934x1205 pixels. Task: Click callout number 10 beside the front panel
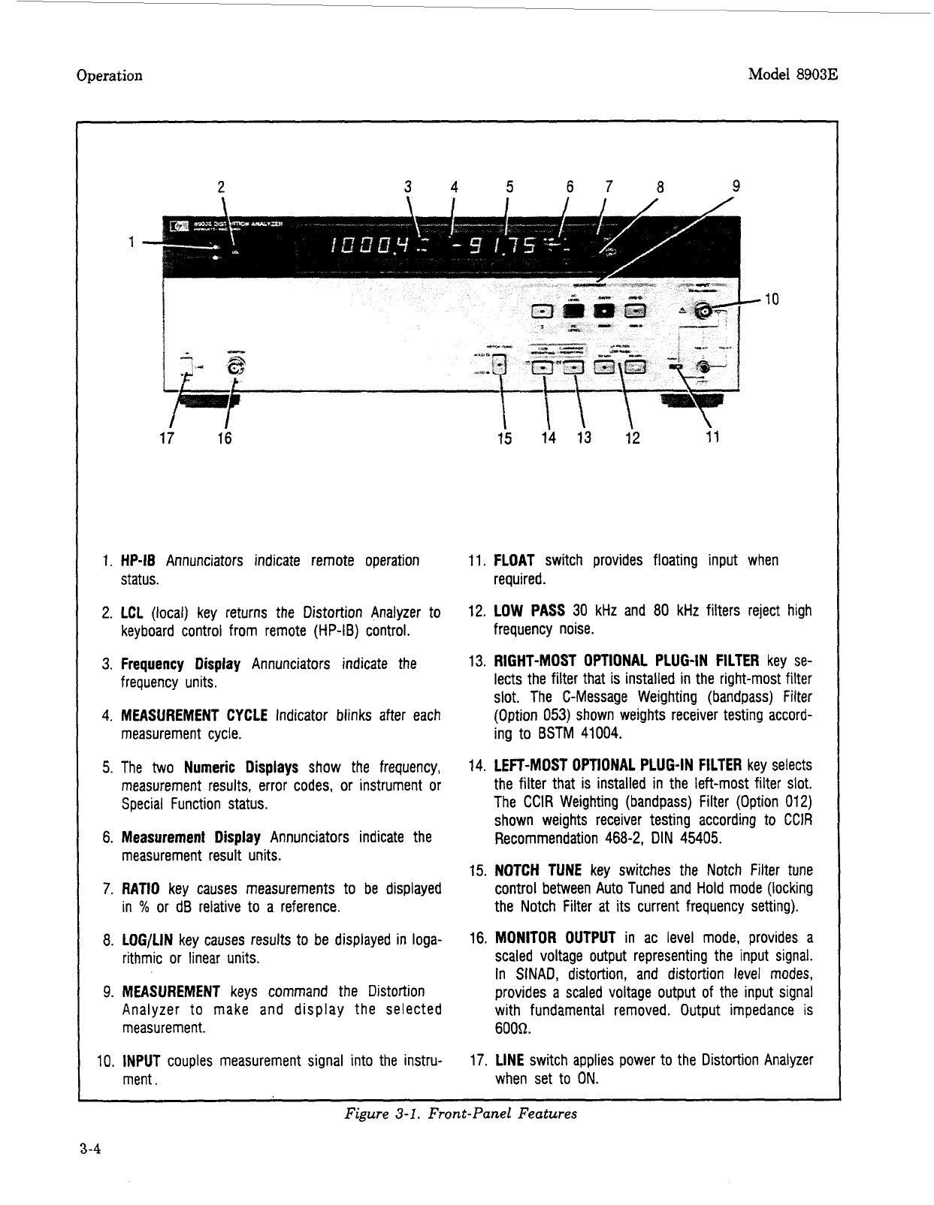coord(771,300)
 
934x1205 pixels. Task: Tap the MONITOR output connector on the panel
coord(236,367)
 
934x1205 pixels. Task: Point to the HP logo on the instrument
coord(180,224)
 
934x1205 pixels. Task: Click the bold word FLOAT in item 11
coord(514,561)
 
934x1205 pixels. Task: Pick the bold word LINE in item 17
coord(509,1061)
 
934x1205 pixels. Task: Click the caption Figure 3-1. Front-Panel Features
coord(460,1113)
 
